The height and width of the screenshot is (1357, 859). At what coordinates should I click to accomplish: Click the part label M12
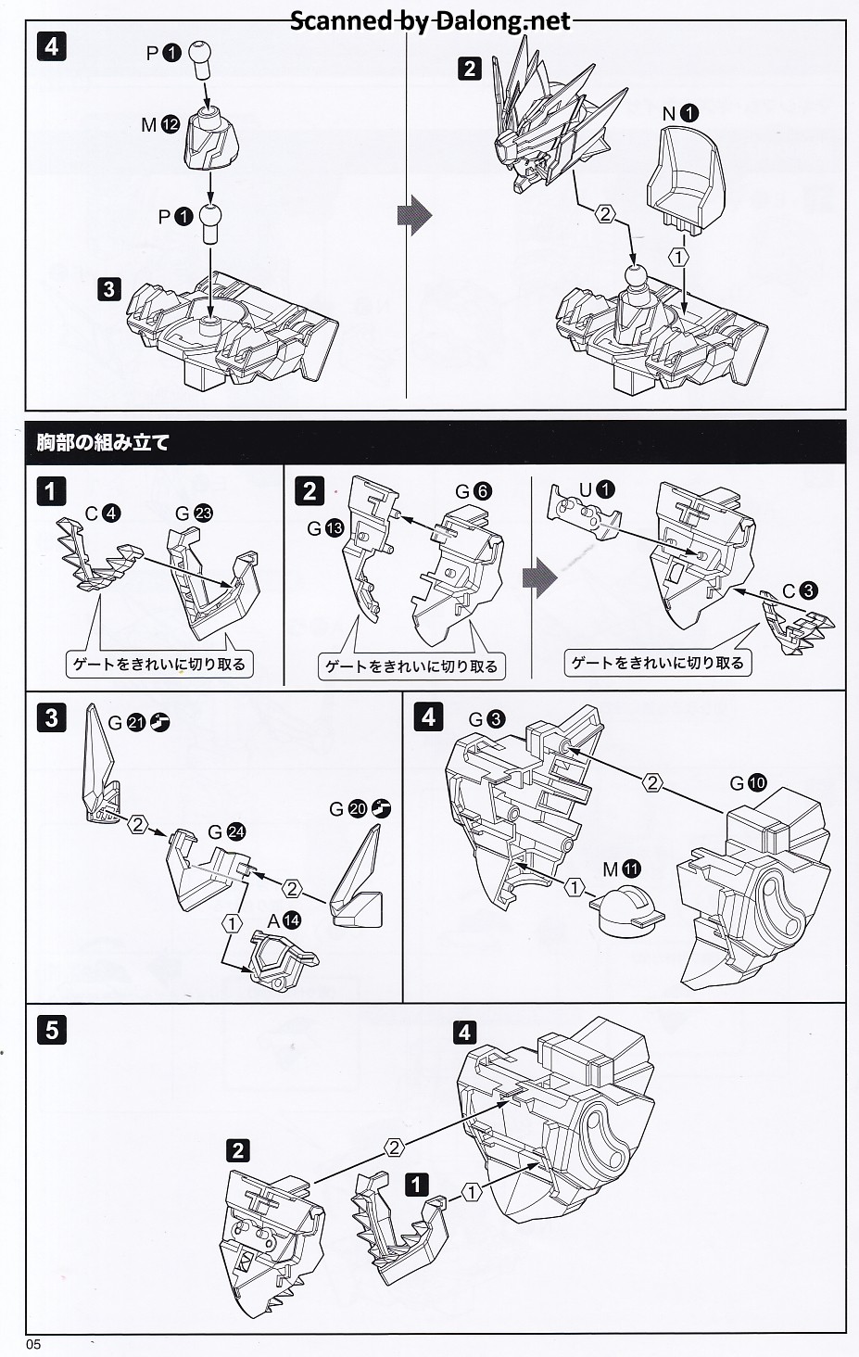pyautogui.click(x=160, y=124)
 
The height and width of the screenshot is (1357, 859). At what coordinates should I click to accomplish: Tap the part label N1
pyautogui.click(x=680, y=114)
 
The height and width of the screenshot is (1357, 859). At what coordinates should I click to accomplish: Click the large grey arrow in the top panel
pyautogui.click(x=414, y=216)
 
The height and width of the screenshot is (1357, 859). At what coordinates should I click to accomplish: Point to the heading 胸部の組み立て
pyautogui.click(x=103, y=442)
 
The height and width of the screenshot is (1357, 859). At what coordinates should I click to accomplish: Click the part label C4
pyautogui.click(x=103, y=514)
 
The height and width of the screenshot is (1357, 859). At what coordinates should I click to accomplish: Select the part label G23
pyautogui.click(x=194, y=513)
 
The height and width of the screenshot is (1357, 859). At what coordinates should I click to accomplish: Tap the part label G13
pyautogui.click(x=325, y=528)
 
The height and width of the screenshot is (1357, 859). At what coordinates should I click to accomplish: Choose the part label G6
pyautogui.click(x=474, y=491)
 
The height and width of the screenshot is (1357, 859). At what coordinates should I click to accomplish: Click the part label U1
pyautogui.click(x=597, y=489)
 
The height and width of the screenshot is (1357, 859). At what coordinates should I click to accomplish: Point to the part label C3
pyautogui.click(x=800, y=590)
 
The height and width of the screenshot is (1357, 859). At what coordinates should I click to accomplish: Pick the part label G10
pyautogui.click(x=748, y=783)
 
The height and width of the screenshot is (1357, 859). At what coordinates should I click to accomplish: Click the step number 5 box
pyautogui.click(x=51, y=1029)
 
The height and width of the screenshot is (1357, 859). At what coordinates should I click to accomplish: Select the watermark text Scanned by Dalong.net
pyautogui.click(x=430, y=20)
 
